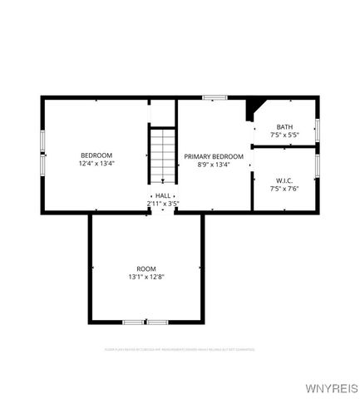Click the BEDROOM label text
coord(96,155)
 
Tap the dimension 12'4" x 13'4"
coord(96,164)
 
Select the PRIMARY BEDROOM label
coord(214,156)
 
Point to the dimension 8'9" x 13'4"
coord(214,165)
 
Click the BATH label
coord(284,126)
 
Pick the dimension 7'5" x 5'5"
coord(284,135)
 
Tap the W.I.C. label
coord(284,180)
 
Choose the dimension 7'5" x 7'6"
coord(284,188)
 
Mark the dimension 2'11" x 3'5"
coord(163,203)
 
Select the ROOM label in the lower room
coord(146,268)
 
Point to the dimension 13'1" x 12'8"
coord(146,277)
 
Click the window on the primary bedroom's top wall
coord(215,97)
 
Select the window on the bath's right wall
coord(317,130)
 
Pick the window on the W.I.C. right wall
coord(317,165)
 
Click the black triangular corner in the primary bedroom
coord(252,109)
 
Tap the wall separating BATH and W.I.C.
coord(284,147)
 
